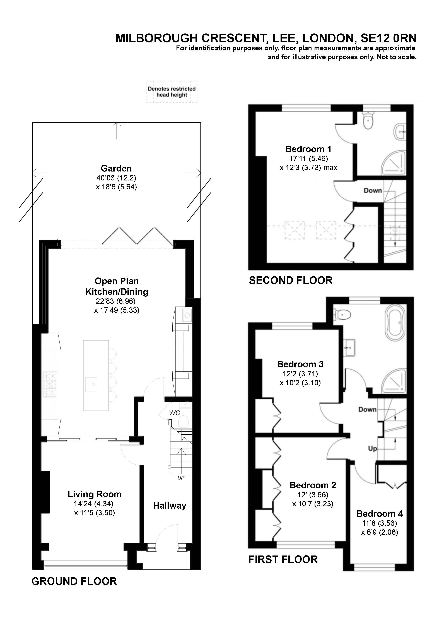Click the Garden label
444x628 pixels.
[116, 168]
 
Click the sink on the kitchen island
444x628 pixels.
[91, 384]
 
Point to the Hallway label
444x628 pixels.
[169, 506]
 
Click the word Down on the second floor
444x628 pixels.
[373, 191]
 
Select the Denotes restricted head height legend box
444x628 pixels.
[172, 92]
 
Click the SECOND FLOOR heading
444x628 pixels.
[291, 281]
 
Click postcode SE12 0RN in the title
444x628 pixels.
[388, 38]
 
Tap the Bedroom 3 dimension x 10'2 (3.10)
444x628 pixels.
[300, 383]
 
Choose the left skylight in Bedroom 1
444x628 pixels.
[295, 230]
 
